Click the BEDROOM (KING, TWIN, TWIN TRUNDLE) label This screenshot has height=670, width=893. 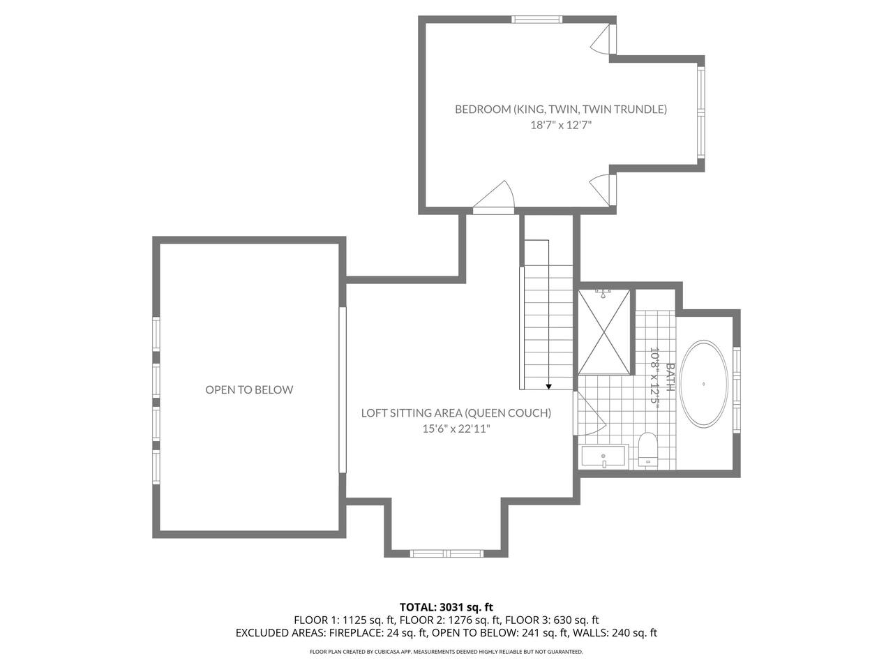561,110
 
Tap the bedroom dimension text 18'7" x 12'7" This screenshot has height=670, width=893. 561,125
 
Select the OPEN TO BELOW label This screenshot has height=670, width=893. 249,389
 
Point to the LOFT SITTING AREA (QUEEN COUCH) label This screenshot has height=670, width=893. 456,413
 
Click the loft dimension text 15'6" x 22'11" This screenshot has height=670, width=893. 456,429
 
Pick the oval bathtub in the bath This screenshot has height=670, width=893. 704,384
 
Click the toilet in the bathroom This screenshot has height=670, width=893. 647,449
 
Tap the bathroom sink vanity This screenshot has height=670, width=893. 604,456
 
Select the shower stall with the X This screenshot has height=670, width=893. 603,332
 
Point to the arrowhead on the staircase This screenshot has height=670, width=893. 548,387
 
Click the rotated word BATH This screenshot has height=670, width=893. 670,377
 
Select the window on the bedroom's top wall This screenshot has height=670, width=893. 536,19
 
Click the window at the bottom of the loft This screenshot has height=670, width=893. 446,553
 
